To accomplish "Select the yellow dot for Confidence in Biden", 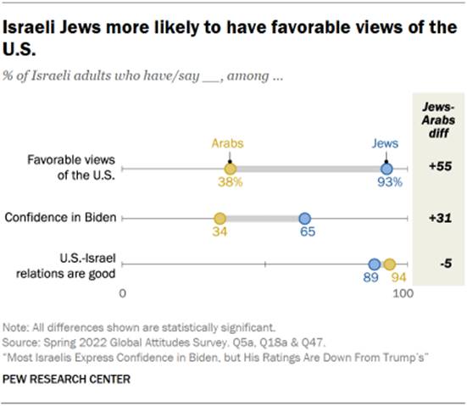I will click(220, 219).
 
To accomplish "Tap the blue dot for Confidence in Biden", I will click(306, 219).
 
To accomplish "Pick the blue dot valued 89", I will click(374, 265).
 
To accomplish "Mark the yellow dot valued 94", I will click(389, 265).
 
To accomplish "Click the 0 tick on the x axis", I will click(123, 293).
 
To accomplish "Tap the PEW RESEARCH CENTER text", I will click(67, 379).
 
